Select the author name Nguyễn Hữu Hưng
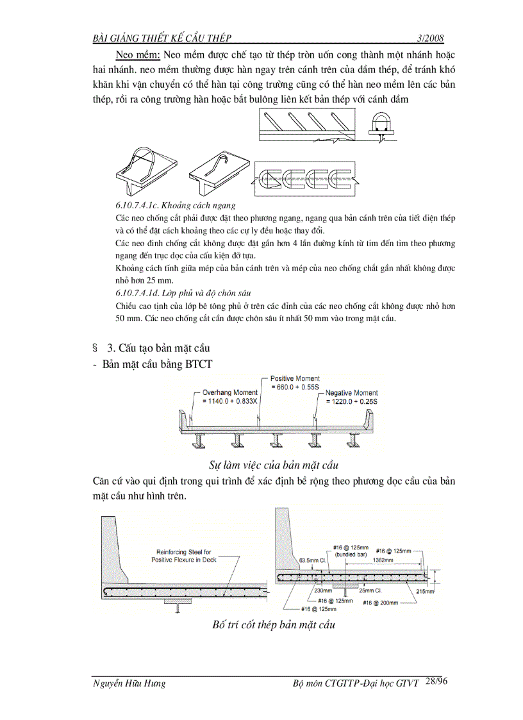129,683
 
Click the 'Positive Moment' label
295,379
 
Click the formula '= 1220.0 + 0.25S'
352,401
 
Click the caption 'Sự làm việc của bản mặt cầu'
274,464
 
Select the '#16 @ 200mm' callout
380,603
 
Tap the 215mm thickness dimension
425,591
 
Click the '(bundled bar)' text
347,554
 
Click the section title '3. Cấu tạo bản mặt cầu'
158,348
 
